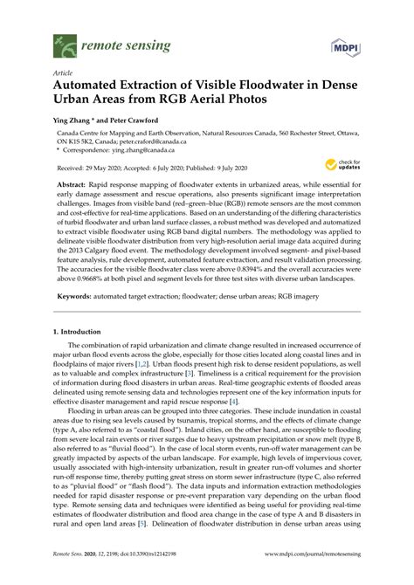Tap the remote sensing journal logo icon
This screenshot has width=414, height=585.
pyautogui.click(x=64, y=41)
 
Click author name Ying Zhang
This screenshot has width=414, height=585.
pyautogui.click(x=73, y=120)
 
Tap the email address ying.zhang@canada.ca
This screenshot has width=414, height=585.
pyautogui.click(x=145, y=154)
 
